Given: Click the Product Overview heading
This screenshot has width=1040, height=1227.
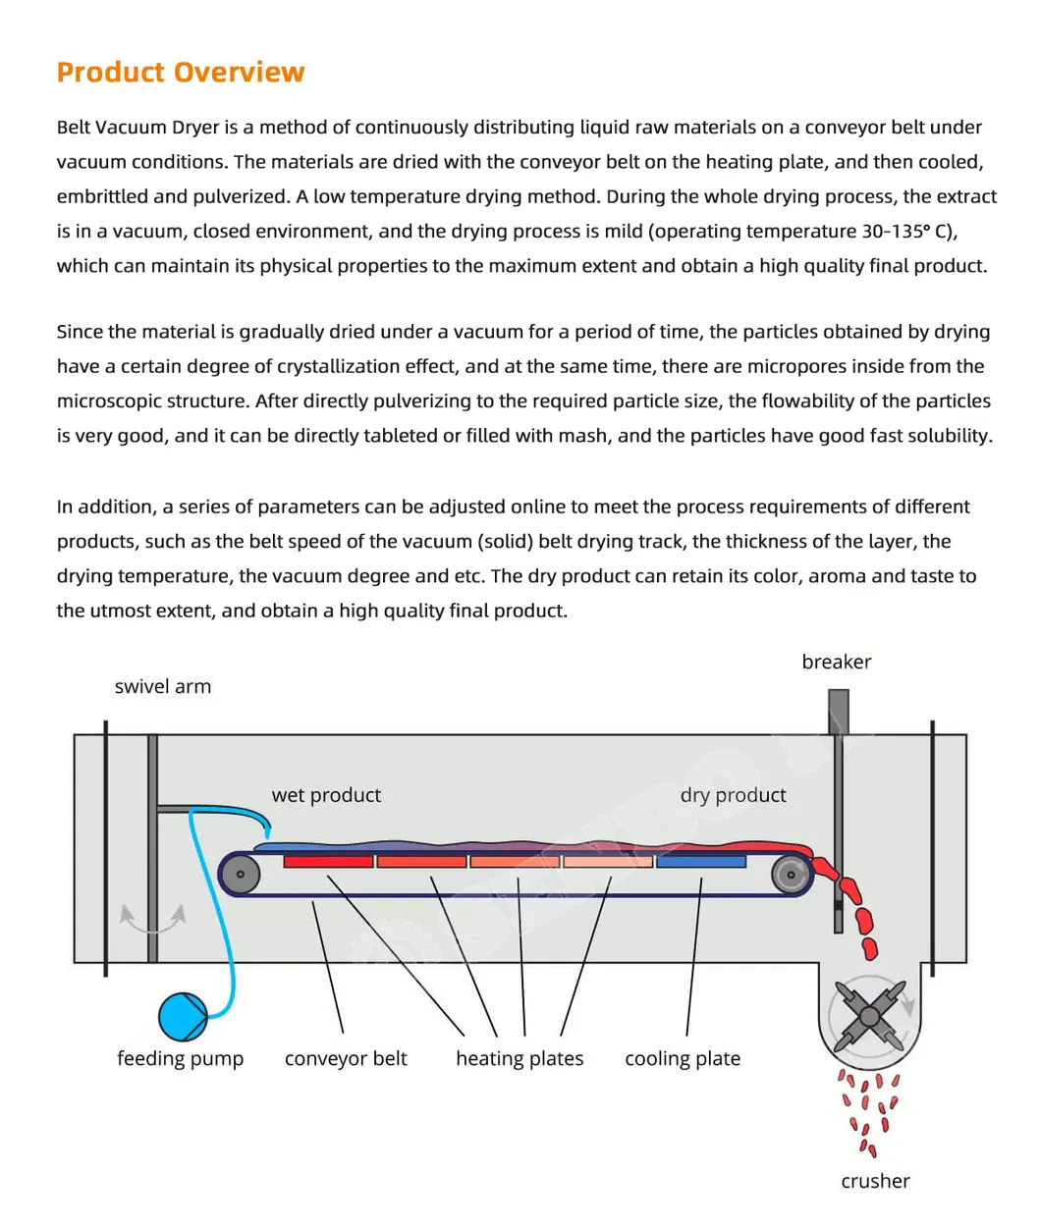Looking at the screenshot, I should pos(181,73).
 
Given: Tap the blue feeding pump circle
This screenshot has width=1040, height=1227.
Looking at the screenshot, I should pos(183,1016).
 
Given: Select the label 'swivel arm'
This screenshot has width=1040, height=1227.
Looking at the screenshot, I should pos(163,687).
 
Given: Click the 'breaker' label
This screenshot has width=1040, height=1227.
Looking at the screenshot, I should pos(836,663).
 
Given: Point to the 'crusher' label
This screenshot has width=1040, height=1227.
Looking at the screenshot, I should pos(875,1182).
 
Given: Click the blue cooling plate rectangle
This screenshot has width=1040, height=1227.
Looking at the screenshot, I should pos(700,862).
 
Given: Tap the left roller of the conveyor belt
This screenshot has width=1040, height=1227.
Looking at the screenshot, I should pos(241,874).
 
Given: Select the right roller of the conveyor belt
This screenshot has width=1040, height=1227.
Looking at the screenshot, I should pos(791,874).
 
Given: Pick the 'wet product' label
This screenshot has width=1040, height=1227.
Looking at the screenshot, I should pos(326,795).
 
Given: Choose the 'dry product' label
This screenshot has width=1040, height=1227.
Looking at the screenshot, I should pos(733,795).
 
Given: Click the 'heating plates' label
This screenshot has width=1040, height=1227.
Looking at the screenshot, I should pos(520,1059).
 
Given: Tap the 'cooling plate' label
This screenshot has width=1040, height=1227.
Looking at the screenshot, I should pos(683,1059).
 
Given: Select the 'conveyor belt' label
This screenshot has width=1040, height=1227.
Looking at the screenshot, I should pos(346,1059).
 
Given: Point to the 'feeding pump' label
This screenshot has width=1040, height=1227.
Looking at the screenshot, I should pos(180,1059).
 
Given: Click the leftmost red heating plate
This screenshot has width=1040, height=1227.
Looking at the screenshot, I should pos(328,862).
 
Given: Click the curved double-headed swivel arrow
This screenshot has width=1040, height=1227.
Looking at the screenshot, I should pos(152,921).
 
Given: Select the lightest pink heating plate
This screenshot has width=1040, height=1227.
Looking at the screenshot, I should pos(608,862).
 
